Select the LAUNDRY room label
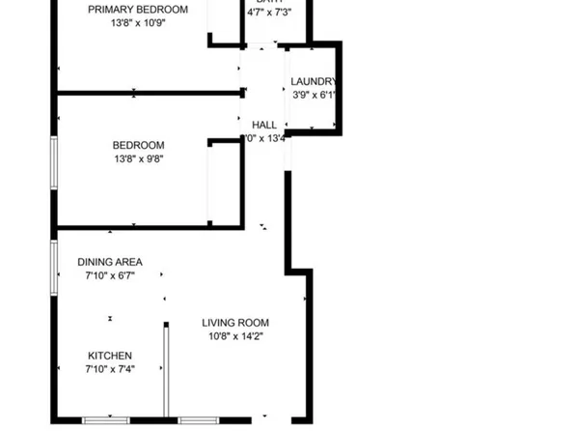click(314, 82)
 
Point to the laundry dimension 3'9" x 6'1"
click(314, 96)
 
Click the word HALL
click(264, 126)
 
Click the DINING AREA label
click(110, 262)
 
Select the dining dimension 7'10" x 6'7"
click(110, 276)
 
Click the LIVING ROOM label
click(234, 323)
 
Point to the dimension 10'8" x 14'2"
click(234, 336)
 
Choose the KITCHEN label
click(110, 356)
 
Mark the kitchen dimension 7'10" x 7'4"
click(110, 370)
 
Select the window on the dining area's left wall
click(54, 264)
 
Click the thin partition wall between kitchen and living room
click(165, 372)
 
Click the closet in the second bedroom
click(224, 184)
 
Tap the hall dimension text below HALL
click(267, 139)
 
